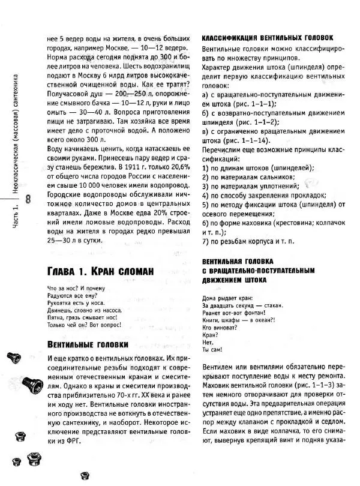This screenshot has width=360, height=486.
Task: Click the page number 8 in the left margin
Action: click(29, 199)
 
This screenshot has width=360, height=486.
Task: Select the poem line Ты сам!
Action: click(212, 349)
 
